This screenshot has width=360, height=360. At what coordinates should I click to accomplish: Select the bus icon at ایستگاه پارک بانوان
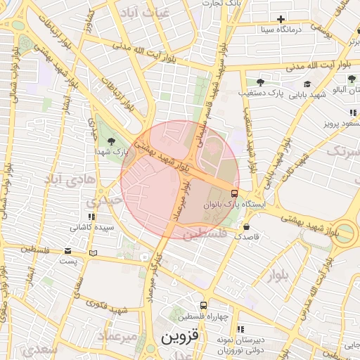click(234, 193)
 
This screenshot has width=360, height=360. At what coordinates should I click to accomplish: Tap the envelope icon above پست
click(67, 251)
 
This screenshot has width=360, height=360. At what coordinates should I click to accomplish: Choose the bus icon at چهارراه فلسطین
click(203, 306)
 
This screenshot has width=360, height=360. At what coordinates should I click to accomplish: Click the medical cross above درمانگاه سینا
click(281, 19)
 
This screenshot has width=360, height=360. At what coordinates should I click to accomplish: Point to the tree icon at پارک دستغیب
click(260, 82)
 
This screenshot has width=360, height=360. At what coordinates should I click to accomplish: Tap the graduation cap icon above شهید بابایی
click(309, 84)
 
